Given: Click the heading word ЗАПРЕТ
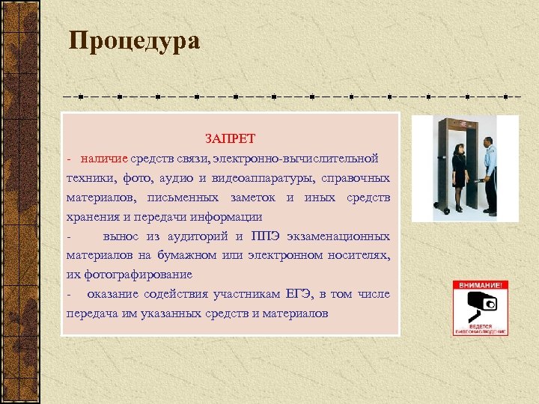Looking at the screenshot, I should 231,139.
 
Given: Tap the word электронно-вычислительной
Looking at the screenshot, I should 295,159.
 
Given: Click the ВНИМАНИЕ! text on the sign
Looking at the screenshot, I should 480,285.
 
